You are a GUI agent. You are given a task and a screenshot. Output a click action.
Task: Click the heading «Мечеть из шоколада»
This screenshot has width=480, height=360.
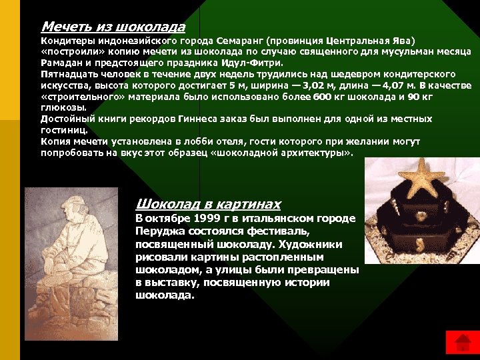pos(113,27)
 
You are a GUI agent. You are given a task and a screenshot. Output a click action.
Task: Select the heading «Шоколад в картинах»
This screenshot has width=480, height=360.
pos(207,204)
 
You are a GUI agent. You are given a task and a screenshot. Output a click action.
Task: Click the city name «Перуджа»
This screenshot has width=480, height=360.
pos(161,231)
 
